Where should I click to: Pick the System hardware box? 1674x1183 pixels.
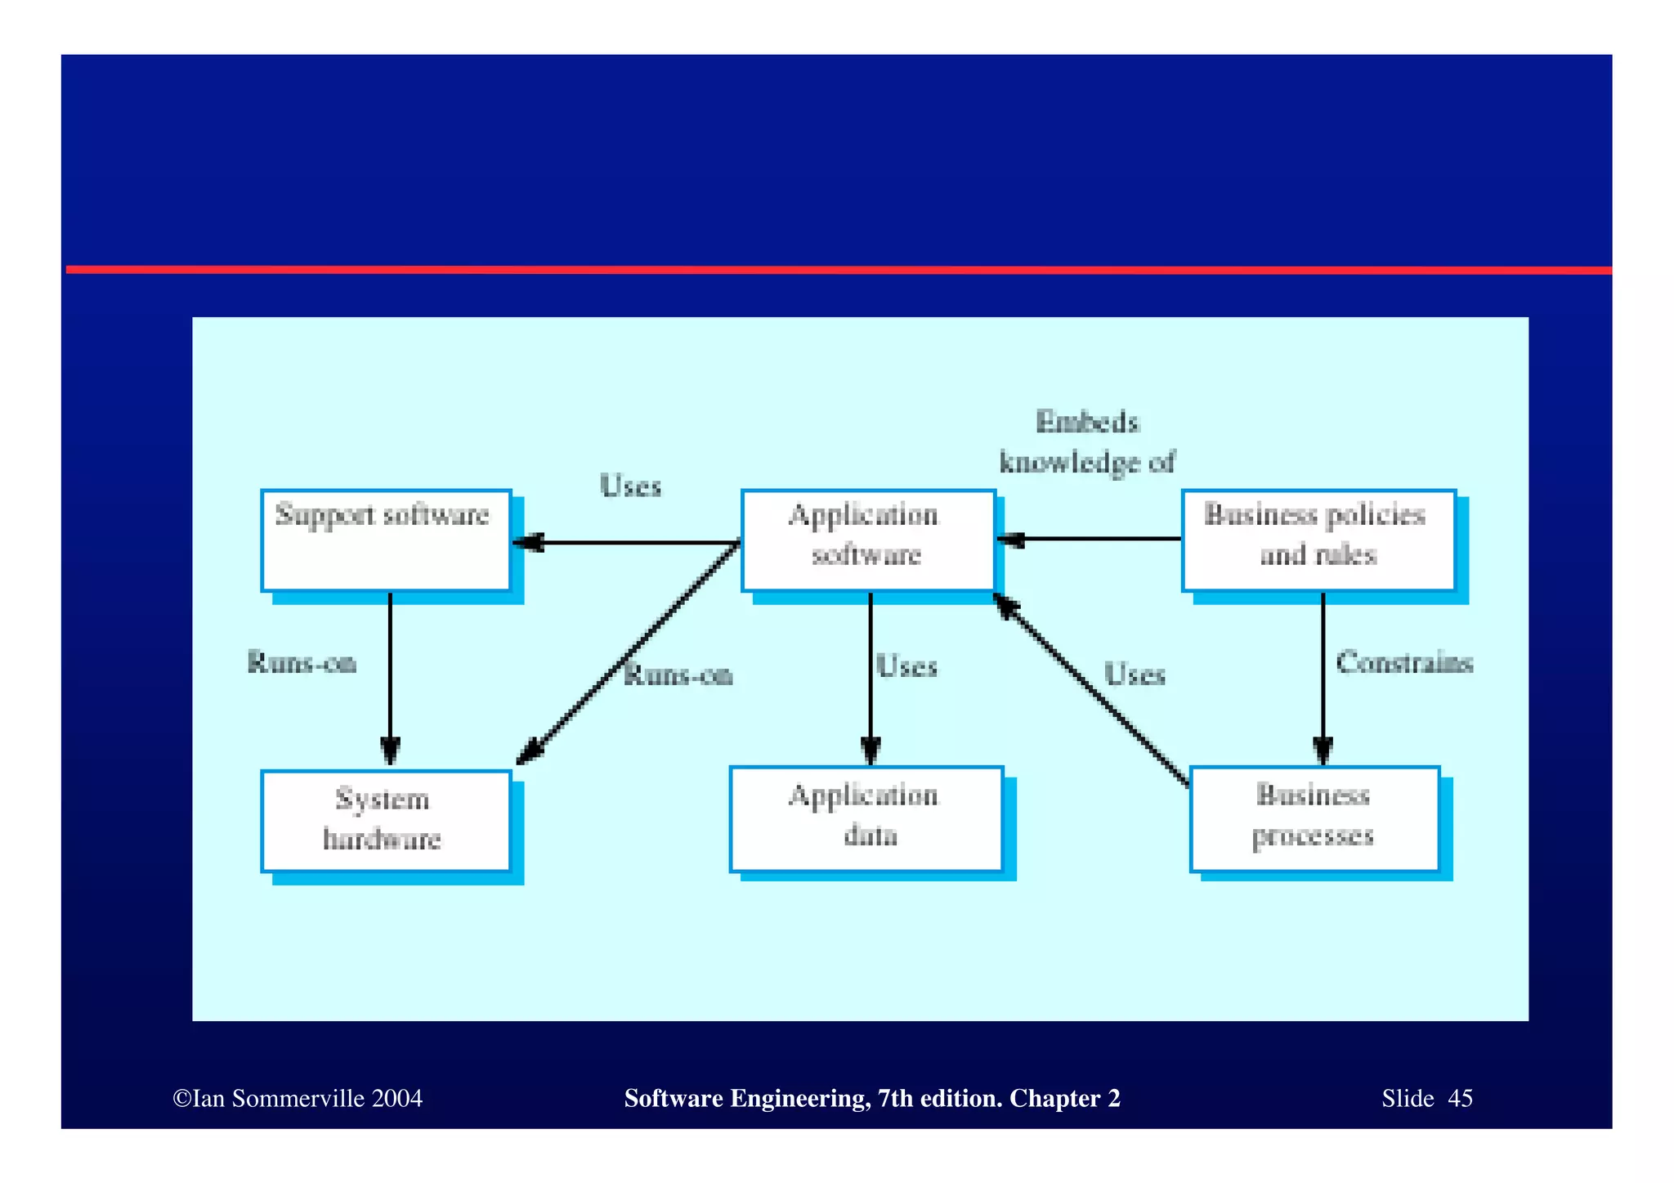click(x=386, y=821)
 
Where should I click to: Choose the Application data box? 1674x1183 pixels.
click(x=866, y=818)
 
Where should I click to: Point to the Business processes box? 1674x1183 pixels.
click(x=1314, y=818)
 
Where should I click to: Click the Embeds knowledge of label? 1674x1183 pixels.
click(x=1087, y=442)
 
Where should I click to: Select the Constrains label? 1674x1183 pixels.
click(x=1404, y=662)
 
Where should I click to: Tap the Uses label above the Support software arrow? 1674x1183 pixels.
click(x=630, y=486)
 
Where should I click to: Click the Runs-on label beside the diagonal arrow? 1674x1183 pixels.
click(x=678, y=675)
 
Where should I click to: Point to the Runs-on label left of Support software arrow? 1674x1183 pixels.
click(x=302, y=662)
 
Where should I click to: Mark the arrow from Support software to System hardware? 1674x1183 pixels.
click(x=390, y=679)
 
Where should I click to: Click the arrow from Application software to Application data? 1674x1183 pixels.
click(x=871, y=679)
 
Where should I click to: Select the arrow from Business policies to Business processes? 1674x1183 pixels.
click(x=1323, y=679)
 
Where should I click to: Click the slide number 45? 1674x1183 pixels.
click(x=1460, y=1098)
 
